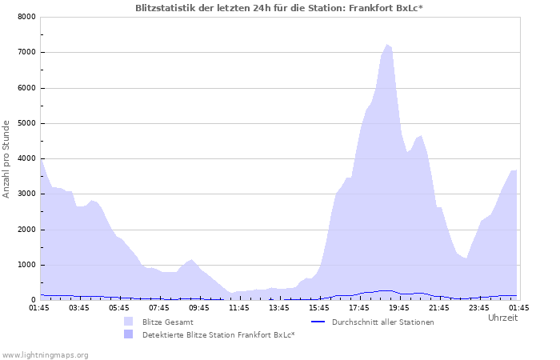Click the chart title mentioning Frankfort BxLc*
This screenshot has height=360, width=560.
[x=279, y=7]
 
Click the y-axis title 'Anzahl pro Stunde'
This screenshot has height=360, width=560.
[x=7, y=158]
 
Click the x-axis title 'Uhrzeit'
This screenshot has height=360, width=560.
[x=503, y=318]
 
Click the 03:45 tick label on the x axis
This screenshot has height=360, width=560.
[x=79, y=307]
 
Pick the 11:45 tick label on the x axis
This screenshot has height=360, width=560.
[x=239, y=307]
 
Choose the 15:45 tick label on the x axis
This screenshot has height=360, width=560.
[x=319, y=307]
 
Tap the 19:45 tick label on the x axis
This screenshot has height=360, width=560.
[x=399, y=307]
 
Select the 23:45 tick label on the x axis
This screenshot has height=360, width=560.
[x=479, y=307]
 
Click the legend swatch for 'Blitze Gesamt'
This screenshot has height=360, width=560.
[x=128, y=322]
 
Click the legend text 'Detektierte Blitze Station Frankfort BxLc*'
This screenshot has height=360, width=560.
[x=218, y=335]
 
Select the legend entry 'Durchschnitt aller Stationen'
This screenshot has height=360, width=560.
[x=382, y=322]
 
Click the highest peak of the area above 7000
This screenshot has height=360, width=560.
[x=388, y=45]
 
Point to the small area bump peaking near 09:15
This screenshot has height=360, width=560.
[x=190, y=260]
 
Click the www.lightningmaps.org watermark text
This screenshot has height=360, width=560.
[x=45, y=354]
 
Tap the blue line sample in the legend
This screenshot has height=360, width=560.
[x=318, y=322]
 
